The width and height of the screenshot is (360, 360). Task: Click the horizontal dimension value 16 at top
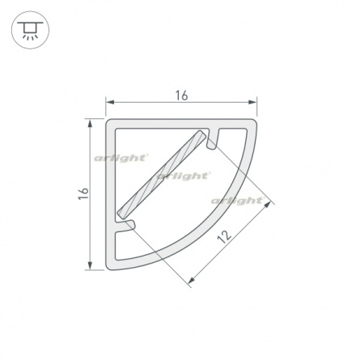point(181,95)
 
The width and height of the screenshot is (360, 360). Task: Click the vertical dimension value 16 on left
point(83,193)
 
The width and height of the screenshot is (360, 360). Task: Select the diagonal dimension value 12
point(224,236)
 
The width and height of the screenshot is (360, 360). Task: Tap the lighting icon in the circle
point(30,30)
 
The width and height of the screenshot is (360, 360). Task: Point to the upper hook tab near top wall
point(213,138)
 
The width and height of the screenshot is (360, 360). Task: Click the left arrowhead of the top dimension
point(110,102)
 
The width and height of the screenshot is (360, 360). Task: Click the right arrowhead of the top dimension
point(252,102)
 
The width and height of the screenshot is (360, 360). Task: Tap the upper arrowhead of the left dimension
point(90,124)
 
